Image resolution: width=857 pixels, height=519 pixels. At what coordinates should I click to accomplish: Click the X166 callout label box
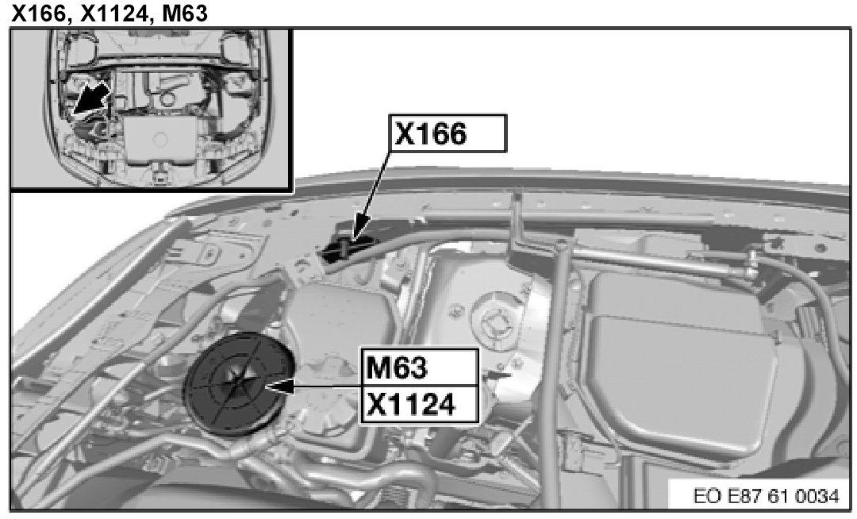pyautogui.click(x=448, y=133)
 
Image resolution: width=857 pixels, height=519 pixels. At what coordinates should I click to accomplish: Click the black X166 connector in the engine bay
pyautogui.click(x=345, y=248)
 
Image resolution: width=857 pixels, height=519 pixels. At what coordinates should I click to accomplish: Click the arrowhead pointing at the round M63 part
pyautogui.click(x=279, y=386)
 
